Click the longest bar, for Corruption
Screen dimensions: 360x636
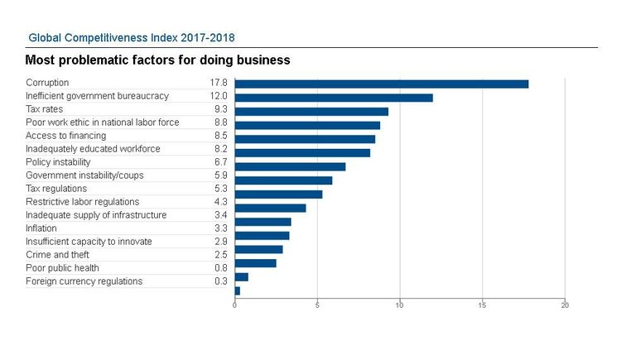click(381, 84)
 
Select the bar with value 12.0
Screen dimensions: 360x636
click(334, 98)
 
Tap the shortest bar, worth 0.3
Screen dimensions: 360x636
click(238, 290)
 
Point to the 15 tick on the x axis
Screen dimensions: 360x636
click(482, 305)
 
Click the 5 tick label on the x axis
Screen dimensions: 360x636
click(317, 305)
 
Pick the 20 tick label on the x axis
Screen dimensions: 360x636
click(565, 305)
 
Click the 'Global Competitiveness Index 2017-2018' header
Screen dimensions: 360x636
click(132, 38)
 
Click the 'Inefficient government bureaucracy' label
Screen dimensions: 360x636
click(97, 96)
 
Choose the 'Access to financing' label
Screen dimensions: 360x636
click(65, 136)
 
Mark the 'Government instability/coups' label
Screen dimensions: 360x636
click(84, 175)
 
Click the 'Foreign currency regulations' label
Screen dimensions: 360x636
click(84, 281)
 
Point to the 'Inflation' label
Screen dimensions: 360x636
click(41, 228)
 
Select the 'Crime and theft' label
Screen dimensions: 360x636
click(57, 255)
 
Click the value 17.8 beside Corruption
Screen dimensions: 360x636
click(219, 83)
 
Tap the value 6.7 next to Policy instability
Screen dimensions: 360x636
click(220, 162)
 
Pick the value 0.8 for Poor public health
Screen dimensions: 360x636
click(220, 268)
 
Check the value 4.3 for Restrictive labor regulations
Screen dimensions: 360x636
click(220, 202)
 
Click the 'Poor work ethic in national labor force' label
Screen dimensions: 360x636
click(102, 122)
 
